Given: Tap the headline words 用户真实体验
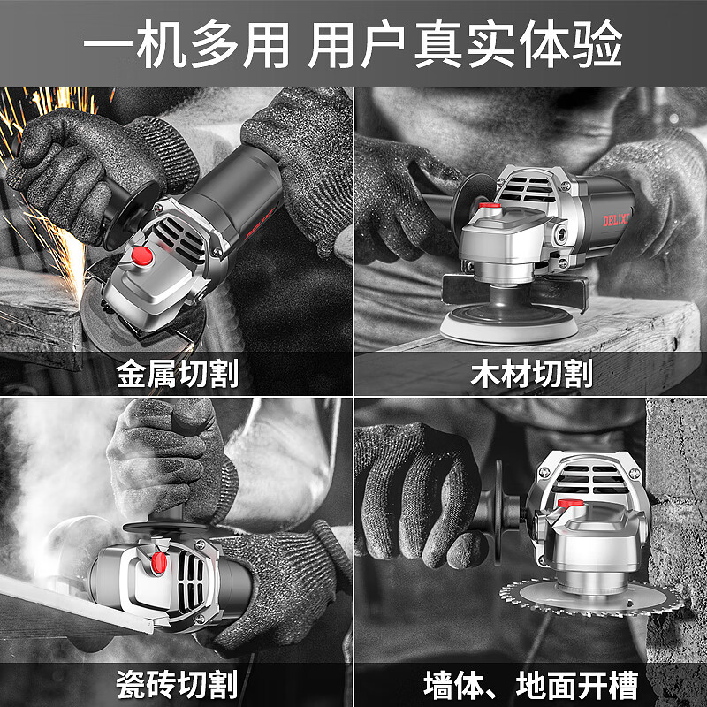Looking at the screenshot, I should tap(466, 42).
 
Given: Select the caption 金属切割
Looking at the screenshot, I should tap(177, 374).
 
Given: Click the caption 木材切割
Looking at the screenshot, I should tap(531, 374).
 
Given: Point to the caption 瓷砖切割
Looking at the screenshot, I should tap(177, 684).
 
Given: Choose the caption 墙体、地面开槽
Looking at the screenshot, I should tap(531, 684).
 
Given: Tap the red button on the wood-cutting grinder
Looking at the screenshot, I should tap(487, 209).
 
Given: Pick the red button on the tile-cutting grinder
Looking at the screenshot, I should tap(159, 561).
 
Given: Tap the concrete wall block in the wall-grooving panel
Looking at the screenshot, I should tap(676, 530).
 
